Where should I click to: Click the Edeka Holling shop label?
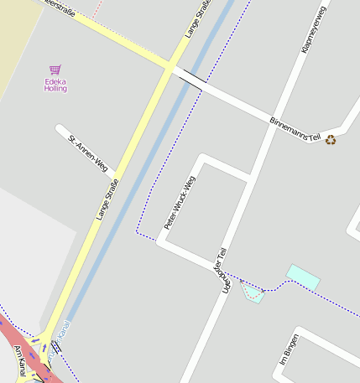[55, 85]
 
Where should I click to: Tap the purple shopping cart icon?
[55, 70]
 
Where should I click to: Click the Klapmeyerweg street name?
[313, 30]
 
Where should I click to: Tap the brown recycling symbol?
[331, 140]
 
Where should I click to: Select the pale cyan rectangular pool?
[303, 277]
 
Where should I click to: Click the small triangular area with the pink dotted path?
[253, 292]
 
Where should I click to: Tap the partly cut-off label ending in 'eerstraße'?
[59, 6]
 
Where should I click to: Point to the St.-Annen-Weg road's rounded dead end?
[60, 130]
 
